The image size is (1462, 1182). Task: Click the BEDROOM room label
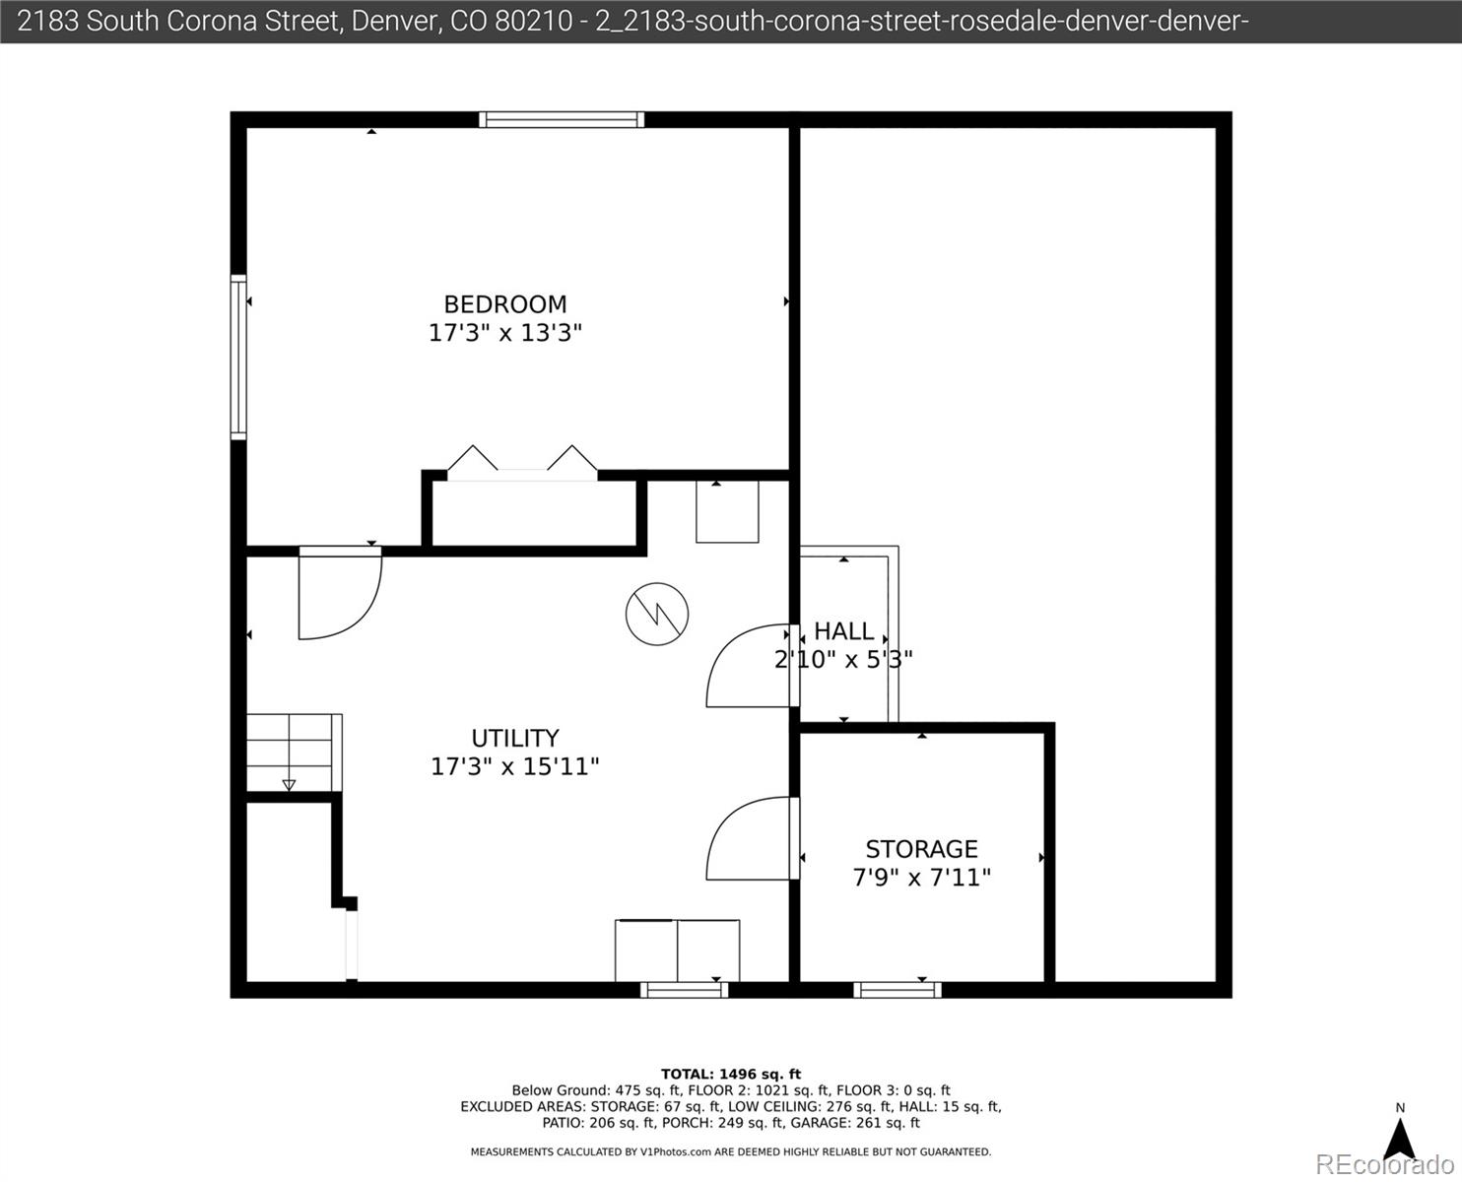pyautogui.click(x=505, y=304)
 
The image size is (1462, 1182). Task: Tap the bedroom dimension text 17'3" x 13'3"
pyautogui.click(x=505, y=333)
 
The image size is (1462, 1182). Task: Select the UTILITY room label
pyautogui.click(x=515, y=738)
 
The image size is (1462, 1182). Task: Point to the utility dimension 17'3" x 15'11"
pyautogui.click(x=515, y=766)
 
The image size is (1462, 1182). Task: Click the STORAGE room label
pyautogui.click(x=921, y=849)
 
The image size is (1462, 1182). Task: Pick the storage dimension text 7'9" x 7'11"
pyautogui.click(x=921, y=878)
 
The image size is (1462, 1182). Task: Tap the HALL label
pyautogui.click(x=843, y=631)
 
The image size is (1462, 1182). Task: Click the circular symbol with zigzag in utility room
pyautogui.click(x=657, y=614)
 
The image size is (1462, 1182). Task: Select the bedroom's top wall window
pyautogui.click(x=562, y=120)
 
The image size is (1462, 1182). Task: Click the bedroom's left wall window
pyautogui.click(x=238, y=357)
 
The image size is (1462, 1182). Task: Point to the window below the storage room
pyautogui.click(x=897, y=989)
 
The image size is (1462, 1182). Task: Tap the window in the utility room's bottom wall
pyautogui.click(x=685, y=989)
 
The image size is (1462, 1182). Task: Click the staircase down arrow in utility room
pyautogui.click(x=289, y=784)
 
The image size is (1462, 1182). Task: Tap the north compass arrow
pyautogui.click(x=1400, y=1139)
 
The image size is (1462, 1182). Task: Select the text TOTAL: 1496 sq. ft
pyautogui.click(x=731, y=1075)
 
